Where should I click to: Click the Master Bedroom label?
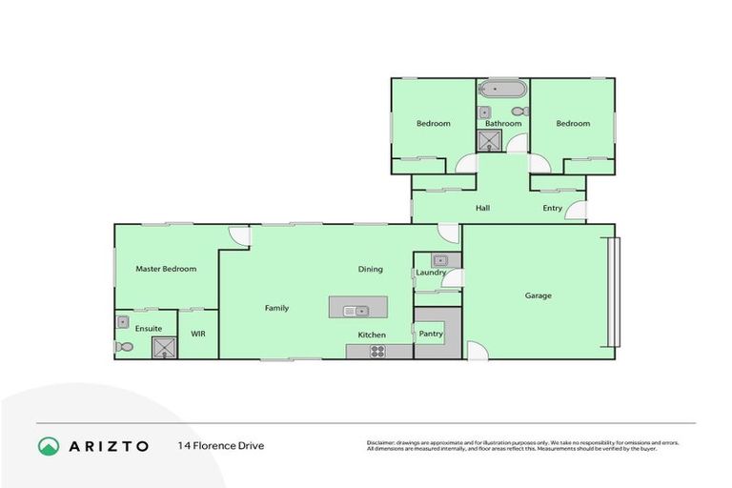pos(166,269)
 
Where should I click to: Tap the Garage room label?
pos(538,295)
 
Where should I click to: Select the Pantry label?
pos(431,334)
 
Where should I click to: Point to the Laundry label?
pos(431,274)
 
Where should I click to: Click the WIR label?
pos(198,335)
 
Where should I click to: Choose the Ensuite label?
pos(148,329)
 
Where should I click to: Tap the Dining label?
pos(370,269)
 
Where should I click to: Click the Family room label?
pos(276,308)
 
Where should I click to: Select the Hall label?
pos(482,208)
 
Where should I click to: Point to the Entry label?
pos(553,208)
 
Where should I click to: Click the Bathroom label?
pos(503,124)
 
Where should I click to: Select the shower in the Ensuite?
pos(164,346)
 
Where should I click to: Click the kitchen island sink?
pos(356,309)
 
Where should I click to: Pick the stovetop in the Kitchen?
pos(377,351)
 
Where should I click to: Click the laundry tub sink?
pos(439,260)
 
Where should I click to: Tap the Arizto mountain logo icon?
pos(49,446)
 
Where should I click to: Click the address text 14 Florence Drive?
pos(220,445)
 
